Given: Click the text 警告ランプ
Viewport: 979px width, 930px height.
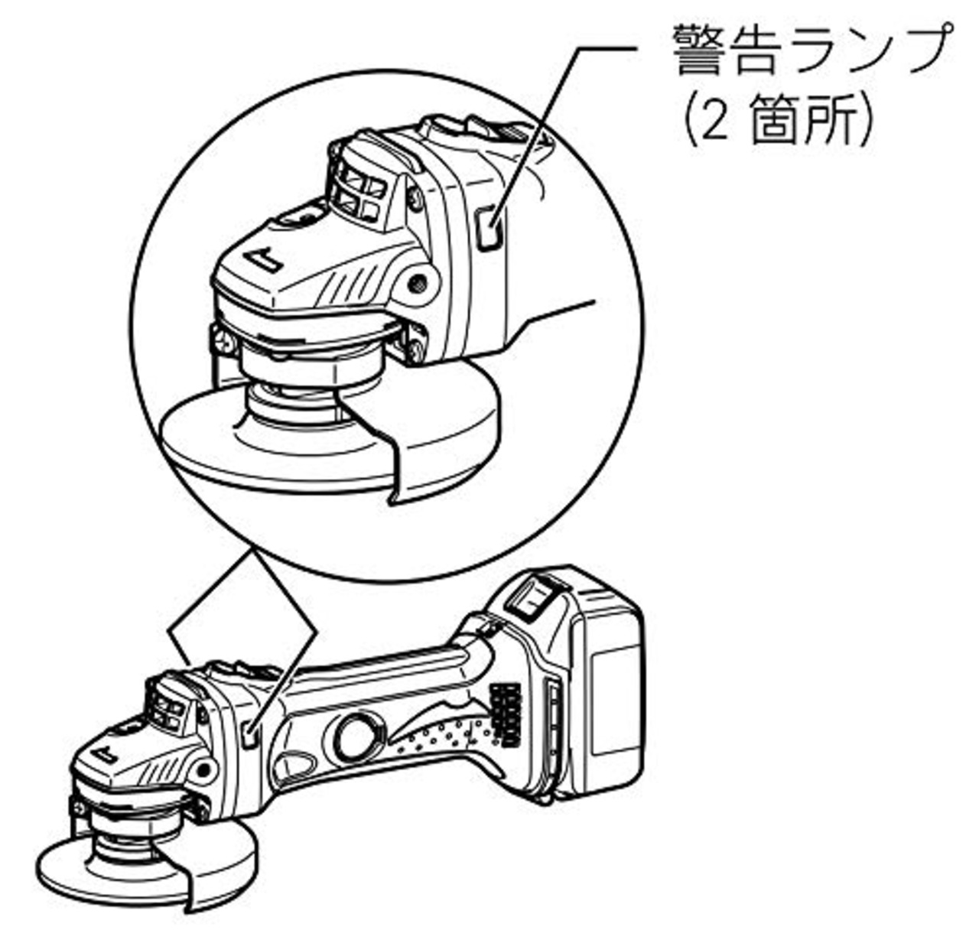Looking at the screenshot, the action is coord(809,50).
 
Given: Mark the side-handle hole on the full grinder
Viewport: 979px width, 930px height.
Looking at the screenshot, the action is coord(203,769).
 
